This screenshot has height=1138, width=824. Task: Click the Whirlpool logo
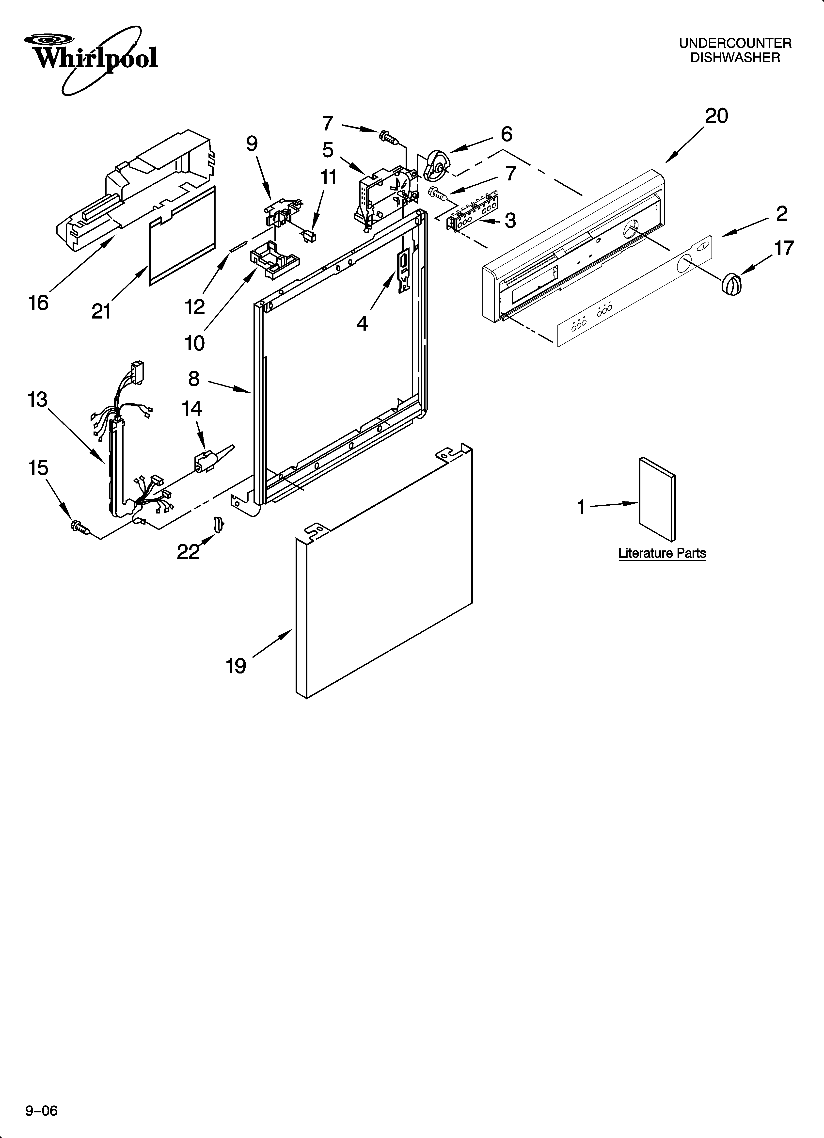[93, 58]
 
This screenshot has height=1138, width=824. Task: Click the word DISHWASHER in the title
[735, 58]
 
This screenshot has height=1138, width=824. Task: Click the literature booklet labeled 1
[656, 499]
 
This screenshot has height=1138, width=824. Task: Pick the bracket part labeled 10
[273, 259]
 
